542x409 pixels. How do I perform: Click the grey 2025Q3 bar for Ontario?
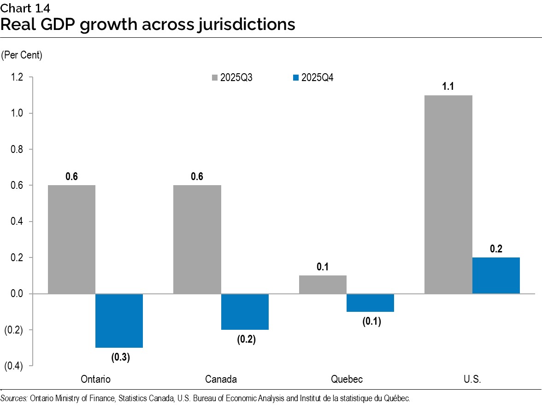(71, 239)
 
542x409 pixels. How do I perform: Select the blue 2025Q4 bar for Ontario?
(119, 321)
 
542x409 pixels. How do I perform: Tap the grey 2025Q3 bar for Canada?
(197, 239)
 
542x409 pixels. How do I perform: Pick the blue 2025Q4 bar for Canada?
(245, 312)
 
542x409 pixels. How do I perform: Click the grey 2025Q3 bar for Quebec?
(323, 284)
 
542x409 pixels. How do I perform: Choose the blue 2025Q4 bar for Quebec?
(370, 303)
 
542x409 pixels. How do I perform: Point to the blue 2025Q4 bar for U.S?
(496, 275)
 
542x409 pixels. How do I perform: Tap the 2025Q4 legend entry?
(313, 77)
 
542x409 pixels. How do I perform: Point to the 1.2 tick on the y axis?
(17, 77)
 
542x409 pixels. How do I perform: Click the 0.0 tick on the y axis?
(17, 294)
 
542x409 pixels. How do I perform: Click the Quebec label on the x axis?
(347, 380)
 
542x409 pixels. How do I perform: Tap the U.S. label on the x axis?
(472, 380)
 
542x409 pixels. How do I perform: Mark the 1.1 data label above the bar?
(448, 86)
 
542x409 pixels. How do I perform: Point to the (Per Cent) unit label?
(22, 55)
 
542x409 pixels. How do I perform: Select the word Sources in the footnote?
(14, 398)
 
